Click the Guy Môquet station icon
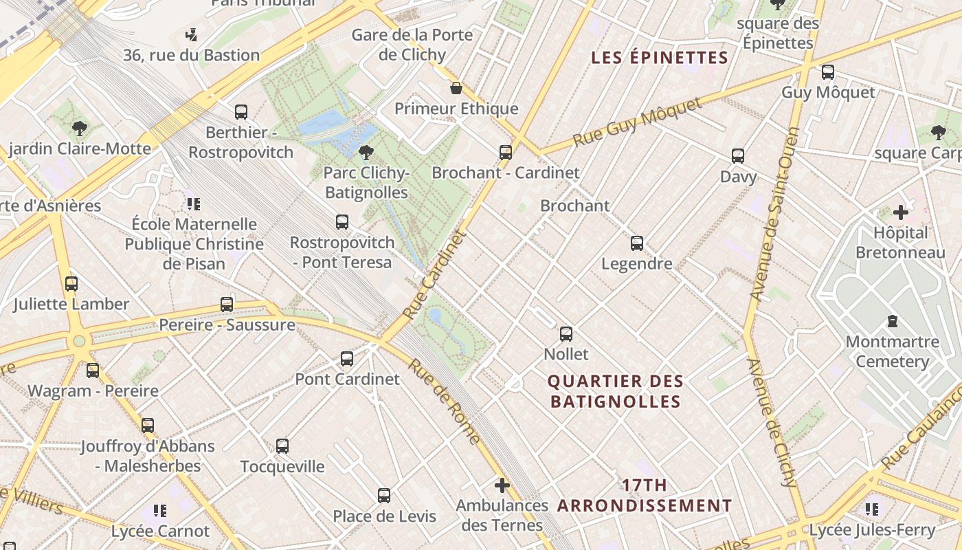click(x=828, y=72)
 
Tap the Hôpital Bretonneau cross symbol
click(x=900, y=212)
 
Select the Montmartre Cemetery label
click(x=893, y=351)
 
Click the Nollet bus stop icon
click(x=566, y=334)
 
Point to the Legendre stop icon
click(x=637, y=243)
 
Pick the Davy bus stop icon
click(x=738, y=156)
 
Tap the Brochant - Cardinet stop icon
click(x=506, y=153)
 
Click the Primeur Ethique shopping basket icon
click(x=456, y=88)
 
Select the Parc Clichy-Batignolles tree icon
click(x=366, y=152)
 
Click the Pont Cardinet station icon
click(x=347, y=359)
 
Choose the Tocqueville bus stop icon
click(x=282, y=446)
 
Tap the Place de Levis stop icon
click(x=384, y=496)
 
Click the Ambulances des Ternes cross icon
click(x=502, y=485)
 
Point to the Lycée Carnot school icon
click(x=160, y=511)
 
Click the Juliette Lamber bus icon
click(x=71, y=284)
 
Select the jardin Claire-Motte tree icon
click(x=80, y=128)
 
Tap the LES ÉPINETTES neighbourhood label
click(x=660, y=58)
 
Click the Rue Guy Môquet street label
click(x=637, y=121)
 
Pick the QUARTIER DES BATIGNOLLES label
click(x=616, y=391)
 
